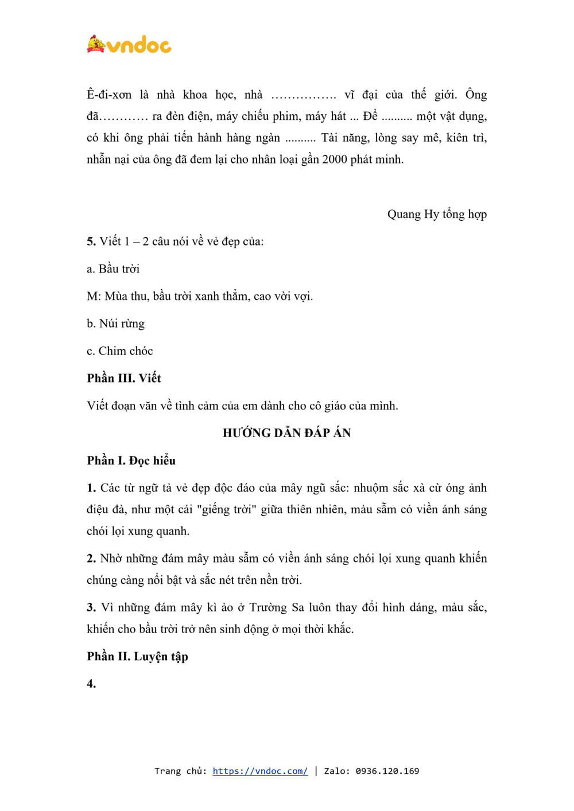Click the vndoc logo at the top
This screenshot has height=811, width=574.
point(129,45)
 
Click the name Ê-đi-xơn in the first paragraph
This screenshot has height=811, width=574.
point(109,95)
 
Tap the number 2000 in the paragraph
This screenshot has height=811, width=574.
point(334,159)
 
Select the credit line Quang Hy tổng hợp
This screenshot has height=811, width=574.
point(437,214)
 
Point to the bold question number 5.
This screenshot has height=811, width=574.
point(91,241)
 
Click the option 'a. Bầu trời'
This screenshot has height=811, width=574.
point(113,269)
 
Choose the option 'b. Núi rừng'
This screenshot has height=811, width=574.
point(115,323)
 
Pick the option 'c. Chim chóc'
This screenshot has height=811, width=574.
point(120,351)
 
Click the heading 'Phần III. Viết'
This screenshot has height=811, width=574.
point(124,378)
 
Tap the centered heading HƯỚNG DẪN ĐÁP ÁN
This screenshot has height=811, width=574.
point(286,433)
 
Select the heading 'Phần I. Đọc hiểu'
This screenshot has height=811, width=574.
point(131,461)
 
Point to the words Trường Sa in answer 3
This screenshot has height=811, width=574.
point(277,607)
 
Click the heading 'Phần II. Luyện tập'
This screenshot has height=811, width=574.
point(138,656)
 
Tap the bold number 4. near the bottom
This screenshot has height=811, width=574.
point(91,684)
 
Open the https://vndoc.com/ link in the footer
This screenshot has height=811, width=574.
point(260,771)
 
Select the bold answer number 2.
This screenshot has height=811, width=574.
point(91,559)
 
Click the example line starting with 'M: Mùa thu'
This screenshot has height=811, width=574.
point(200,297)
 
